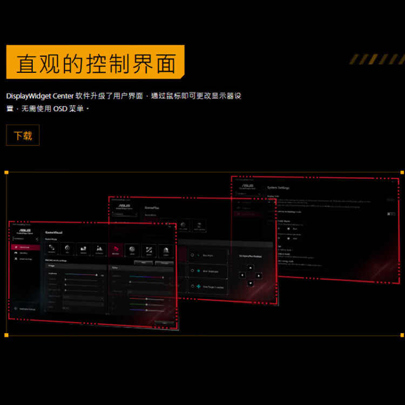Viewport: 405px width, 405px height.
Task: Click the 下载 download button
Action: pyautogui.click(x=23, y=136)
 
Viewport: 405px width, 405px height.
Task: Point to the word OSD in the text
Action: pyautogui.click(x=56, y=109)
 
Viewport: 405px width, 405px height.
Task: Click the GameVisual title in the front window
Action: pyautogui.click(x=53, y=231)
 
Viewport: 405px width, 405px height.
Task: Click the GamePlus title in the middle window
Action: pyautogui.click(x=153, y=207)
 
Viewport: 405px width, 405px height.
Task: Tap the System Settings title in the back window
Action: pyautogui.click(x=278, y=188)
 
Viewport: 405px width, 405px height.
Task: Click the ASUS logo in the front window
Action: pyautogui.click(x=24, y=229)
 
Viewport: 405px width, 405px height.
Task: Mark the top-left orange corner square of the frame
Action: pyautogui.click(x=6, y=172)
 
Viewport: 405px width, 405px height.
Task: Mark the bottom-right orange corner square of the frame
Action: pyautogui.click(x=402, y=335)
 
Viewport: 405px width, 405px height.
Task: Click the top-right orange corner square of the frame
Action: pyautogui.click(x=402, y=172)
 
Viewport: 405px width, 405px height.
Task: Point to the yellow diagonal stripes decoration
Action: pyautogui.click(x=375, y=59)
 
